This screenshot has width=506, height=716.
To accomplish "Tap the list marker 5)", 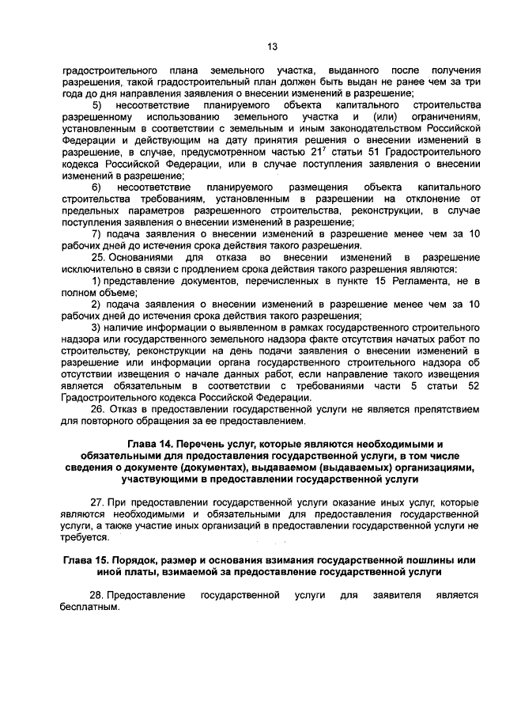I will pyautogui.click(x=97, y=106).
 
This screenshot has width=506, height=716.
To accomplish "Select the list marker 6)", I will pyautogui.click(x=96, y=187).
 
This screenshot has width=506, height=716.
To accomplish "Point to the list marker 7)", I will pyautogui.click(x=96, y=233).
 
